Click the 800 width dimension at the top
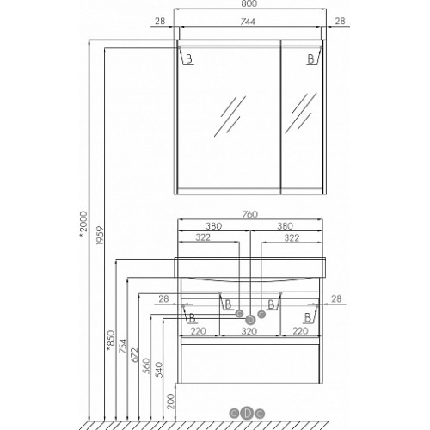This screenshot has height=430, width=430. (249, 3)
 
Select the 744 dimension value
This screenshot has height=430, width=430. (248, 21)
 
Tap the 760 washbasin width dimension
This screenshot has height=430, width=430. (250, 214)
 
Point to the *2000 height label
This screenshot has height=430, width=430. (83, 224)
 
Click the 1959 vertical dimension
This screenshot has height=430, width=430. (99, 236)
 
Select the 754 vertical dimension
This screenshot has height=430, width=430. (122, 346)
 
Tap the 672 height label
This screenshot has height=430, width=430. (134, 355)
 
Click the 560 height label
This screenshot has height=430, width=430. (146, 365)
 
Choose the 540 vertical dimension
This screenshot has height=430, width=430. (158, 370)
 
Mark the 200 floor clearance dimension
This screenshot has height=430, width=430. (170, 402)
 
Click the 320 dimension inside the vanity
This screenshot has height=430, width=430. (249, 332)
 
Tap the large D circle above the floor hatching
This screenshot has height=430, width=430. (247, 413)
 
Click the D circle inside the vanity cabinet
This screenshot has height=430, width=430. (250, 319)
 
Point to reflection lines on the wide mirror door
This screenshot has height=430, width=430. (230, 116)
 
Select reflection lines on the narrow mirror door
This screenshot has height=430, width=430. (301, 113)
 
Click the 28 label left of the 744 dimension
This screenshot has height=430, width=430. (160, 21)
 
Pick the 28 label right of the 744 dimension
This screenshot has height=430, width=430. (340, 21)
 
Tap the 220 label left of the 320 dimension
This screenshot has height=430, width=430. (199, 331)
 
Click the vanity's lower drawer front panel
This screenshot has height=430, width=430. (250, 363)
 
